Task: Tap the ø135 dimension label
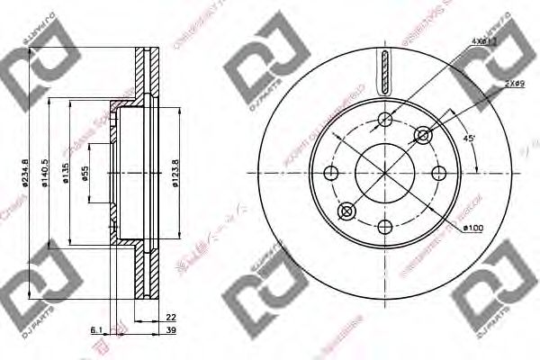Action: (x=66, y=174)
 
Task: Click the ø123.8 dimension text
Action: (x=175, y=172)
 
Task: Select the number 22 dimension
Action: (x=170, y=317)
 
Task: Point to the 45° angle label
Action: (x=468, y=139)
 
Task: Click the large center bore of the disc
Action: (x=384, y=172)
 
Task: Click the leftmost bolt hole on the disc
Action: (x=330, y=172)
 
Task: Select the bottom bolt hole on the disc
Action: (x=384, y=226)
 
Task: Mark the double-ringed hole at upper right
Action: (x=423, y=134)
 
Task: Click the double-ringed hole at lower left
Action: (x=346, y=211)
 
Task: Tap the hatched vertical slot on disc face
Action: (x=384, y=73)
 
